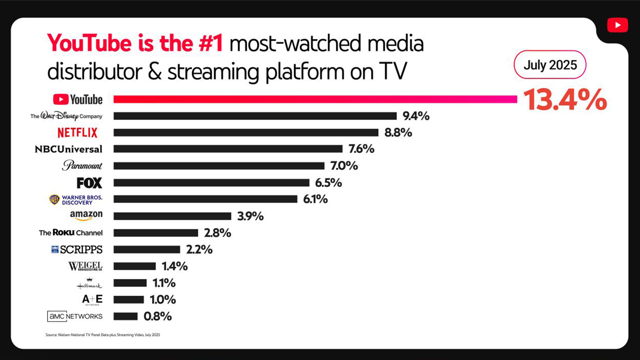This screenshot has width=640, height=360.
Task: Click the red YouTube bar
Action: click(x=315, y=99)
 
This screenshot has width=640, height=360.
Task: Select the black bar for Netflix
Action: click(x=246, y=133)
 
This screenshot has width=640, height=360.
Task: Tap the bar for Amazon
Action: click(x=172, y=216)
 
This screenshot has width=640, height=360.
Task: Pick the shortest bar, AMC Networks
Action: click(x=125, y=316)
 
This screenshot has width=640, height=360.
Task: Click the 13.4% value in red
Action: click(x=565, y=99)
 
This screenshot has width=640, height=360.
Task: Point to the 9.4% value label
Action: click(x=416, y=116)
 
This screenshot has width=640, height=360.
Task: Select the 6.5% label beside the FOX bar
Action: click(x=328, y=183)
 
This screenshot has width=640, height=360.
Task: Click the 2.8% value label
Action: click(x=217, y=233)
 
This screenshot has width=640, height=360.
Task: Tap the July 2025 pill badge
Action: click(x=550, y=65)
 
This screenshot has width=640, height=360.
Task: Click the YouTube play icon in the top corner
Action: click(x=617, y=25)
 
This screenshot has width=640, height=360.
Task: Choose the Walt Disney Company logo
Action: click(x=66, y=116)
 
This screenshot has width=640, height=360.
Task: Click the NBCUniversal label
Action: click(x=69, y=149)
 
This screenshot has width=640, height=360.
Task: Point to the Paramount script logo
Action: click(x=82, y=165)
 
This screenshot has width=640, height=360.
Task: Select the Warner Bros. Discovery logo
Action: click(x=76, y=200)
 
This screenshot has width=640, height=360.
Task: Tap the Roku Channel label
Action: click(x=71, y=233)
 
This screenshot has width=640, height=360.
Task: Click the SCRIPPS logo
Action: click(x=77, y=249)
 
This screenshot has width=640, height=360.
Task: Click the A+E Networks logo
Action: click(x=92, y=299)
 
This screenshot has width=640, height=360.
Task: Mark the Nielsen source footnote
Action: click(x=103, y=335)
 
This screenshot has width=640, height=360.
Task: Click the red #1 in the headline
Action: click(x=211, y=43)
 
